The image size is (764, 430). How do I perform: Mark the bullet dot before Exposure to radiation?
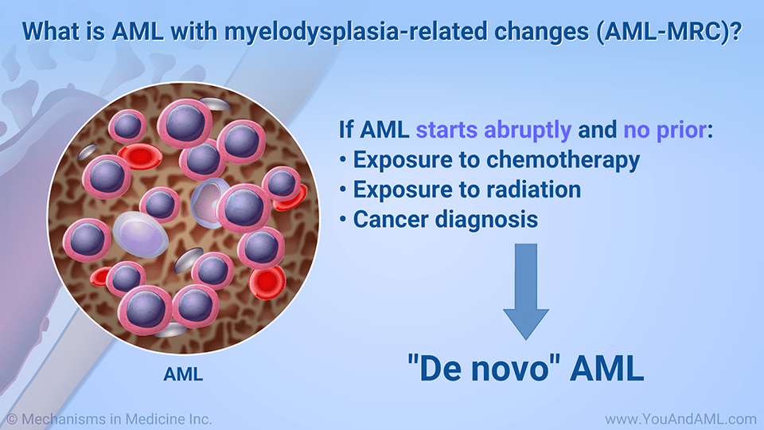342,190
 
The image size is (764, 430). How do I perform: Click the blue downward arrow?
526,291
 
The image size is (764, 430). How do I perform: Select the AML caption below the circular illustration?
183,374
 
